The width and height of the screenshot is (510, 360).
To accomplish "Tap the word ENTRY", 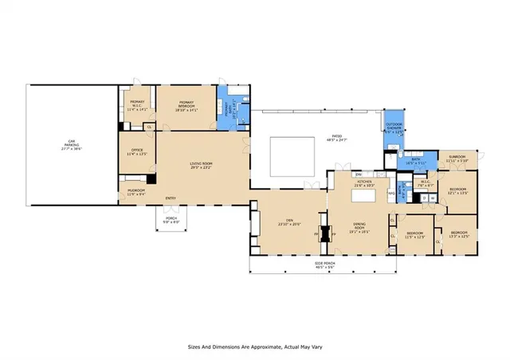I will tap(171, 198).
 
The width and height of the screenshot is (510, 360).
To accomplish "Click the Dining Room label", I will tap(359, 227).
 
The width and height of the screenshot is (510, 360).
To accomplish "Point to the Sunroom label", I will tap(457, 158).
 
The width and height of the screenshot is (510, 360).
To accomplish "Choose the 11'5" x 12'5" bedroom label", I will tap(414, 235).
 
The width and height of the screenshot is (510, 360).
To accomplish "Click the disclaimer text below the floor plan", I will tap(255, 346).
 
